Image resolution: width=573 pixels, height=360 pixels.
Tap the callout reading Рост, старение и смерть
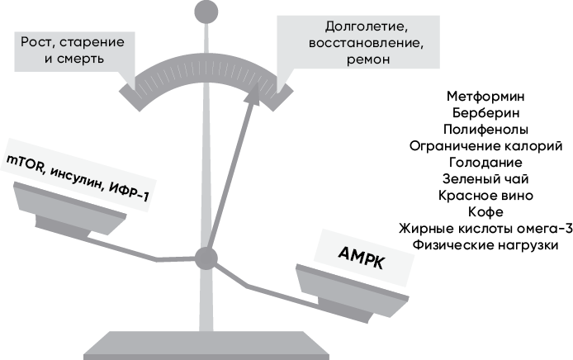(67, 48)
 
